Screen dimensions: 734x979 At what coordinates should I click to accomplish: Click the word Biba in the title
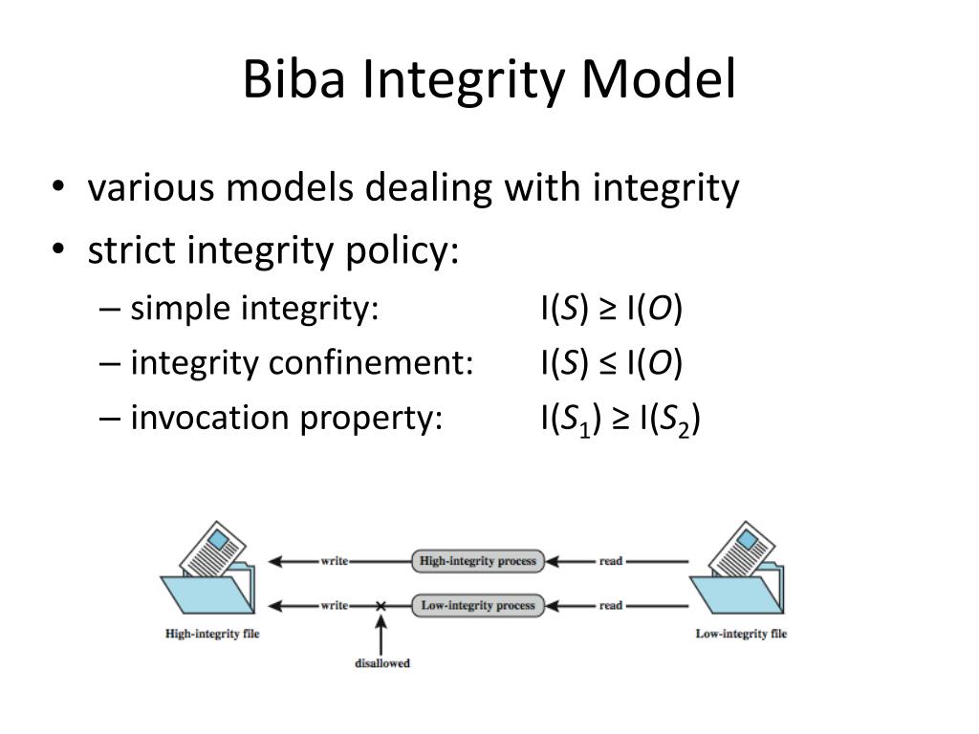(294, 80)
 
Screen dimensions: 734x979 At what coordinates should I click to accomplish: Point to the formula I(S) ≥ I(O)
(612, 309)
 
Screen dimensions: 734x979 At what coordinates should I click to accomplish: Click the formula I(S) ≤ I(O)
(612, 363)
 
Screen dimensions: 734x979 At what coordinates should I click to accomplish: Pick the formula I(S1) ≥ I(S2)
(620, 419)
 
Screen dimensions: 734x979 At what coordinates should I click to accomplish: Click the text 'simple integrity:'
(255, 309)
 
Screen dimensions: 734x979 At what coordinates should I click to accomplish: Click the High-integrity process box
(477, 561)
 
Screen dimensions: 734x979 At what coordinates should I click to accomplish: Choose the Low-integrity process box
(477, 605)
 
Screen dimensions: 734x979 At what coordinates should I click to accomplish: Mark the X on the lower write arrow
(381, 606)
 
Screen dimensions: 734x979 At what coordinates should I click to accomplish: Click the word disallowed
(382, 663)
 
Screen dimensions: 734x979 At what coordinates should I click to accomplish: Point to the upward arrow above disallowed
(381, 633)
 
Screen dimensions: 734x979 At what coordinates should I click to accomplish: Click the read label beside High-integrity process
(611, 561)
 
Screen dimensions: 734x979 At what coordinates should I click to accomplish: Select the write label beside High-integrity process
(334, 561)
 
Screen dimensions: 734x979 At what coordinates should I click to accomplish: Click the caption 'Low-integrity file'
(741, 634)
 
